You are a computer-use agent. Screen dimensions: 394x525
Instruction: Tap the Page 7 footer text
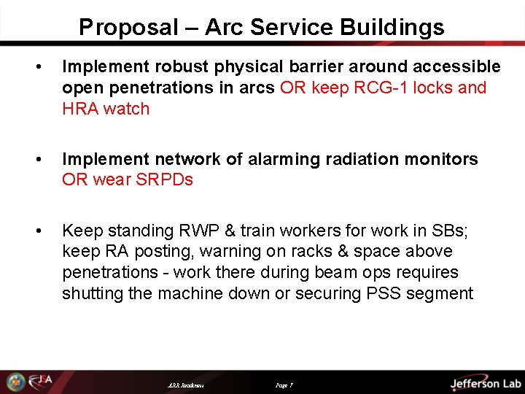point(284,385)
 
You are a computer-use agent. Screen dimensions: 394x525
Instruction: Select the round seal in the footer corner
point(15,382)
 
